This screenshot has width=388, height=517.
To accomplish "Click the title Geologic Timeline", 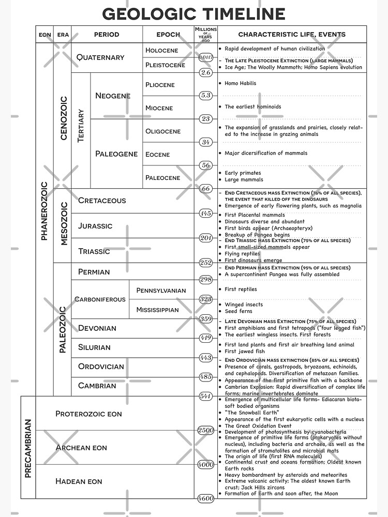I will pyautogui.click(x=194, y=13).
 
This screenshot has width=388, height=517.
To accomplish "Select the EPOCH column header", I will pyautogui.click(x=168, y=35).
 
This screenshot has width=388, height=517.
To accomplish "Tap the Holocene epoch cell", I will pyautogui.click(x=161, y=50).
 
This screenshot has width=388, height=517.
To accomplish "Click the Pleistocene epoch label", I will pyautogui.click(x=165, y=65).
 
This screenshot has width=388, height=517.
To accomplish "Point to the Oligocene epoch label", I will pyautogui.click(x=163, y=131).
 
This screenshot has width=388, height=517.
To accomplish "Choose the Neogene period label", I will pyautogui.click(x=113, y=96).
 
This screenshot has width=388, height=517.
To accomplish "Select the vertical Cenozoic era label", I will pyautogui.click(x=64, y=118).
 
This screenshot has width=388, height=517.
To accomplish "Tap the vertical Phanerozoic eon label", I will pyautogui.click(x=44, y=210).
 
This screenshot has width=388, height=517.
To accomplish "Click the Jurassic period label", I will pyautogui.click(x=95, y=226).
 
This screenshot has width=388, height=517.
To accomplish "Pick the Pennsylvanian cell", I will pyautogui.click(x=161, y=291).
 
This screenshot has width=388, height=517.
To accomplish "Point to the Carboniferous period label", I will pyautogui.click(x=100, y=299).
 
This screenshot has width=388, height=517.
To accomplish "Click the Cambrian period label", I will pyautogui.click(x=97, y=386).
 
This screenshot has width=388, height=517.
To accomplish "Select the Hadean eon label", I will pyautogui.click(x=79, y=481).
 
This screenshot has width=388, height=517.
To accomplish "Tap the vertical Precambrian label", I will pyautogui.click(x=28, y=448).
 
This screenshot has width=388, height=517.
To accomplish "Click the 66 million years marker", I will pyautogui.click(x=206, y=189).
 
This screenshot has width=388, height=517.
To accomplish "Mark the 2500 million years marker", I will pyautogui.click(x=206, y=430).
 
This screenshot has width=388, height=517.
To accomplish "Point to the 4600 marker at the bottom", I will pyautogui.click(x=206, y=498).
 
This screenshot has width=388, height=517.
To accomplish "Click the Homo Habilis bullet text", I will pyautogui.click(x=240, y=83).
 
